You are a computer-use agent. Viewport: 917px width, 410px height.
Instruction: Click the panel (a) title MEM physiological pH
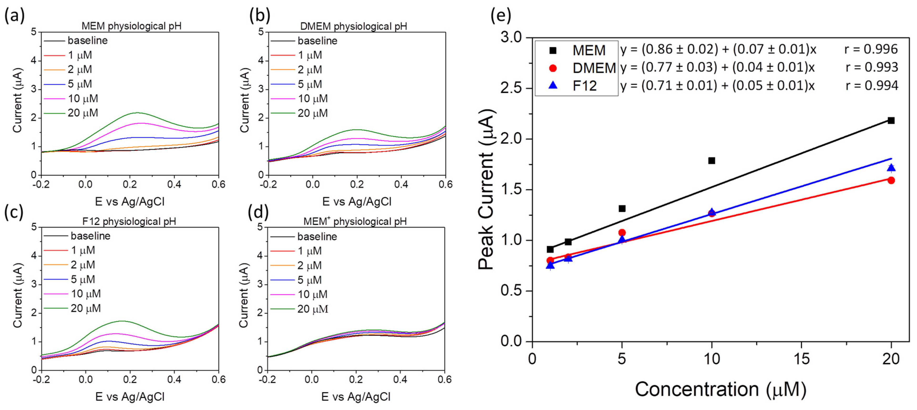131,26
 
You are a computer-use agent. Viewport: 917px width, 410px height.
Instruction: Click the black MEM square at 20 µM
891,121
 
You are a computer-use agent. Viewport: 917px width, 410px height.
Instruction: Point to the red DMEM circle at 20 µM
891,180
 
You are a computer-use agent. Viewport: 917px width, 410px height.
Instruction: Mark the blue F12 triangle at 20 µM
891,168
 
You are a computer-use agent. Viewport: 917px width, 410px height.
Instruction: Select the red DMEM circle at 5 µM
622,233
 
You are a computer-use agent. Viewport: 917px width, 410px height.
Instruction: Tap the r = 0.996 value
871,49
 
